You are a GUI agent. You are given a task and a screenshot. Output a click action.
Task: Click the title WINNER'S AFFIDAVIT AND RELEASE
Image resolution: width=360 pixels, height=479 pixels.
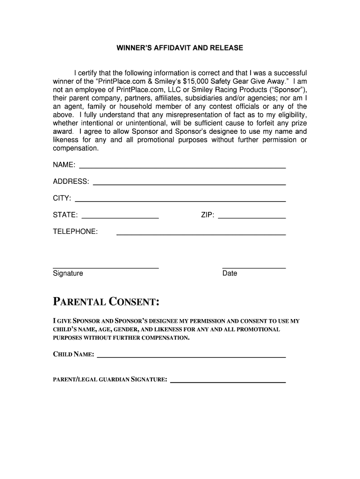click(180, 48)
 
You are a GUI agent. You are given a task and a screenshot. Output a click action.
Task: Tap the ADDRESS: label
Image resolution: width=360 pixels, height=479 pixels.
click(71, 181)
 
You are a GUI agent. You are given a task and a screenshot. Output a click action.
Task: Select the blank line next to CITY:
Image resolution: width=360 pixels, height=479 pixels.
click(180, 201)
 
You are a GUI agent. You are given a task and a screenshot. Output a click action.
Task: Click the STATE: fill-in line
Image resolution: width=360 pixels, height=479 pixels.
click(120, 218)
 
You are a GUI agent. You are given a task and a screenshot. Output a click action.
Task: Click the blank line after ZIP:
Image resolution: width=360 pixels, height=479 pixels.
click(252, 218)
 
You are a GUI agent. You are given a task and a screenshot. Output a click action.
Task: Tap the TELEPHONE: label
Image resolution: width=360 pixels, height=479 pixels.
click(75, 232)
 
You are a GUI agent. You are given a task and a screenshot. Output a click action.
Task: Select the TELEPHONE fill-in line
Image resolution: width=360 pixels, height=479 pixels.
click(201, 234)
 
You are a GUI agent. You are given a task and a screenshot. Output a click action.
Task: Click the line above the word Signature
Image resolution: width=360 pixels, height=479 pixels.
click(106, 268)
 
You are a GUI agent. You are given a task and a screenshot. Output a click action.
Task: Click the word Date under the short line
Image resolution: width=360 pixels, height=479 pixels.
click(230, 273)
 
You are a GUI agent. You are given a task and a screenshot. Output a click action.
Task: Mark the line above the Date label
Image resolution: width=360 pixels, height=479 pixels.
click(254, 268)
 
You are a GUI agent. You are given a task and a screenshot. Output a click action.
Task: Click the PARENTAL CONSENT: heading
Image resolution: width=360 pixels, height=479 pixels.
click(106, 301)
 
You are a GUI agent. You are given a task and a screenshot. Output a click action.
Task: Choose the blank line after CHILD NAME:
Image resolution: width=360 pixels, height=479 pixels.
click(191, 357)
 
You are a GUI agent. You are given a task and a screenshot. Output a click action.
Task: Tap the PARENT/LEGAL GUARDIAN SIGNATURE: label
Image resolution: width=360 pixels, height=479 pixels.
click(110, 379)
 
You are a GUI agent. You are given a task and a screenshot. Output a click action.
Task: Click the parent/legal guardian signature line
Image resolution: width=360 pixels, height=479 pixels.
click(228, 382)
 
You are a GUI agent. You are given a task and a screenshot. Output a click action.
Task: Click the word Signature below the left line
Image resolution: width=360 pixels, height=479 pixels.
click(68, 273)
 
